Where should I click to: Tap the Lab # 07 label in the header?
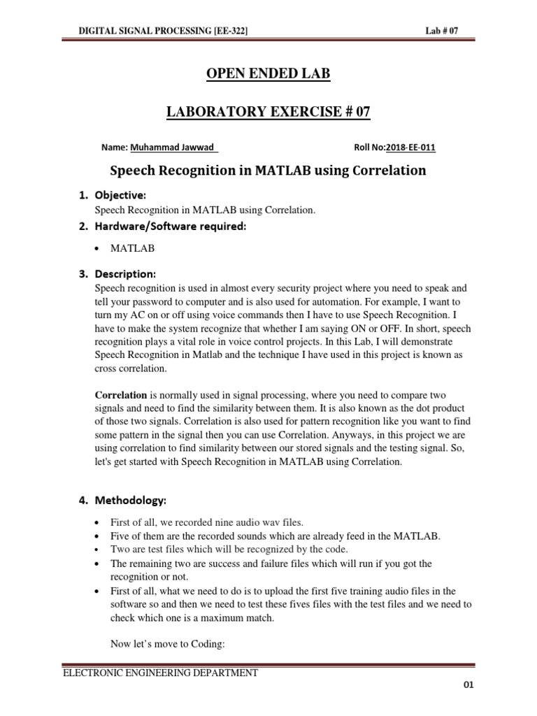(441, 31)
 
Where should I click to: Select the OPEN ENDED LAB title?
(268, 73)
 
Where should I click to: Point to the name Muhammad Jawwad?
(174, 148)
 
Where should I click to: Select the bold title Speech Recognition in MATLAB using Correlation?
(268, 171)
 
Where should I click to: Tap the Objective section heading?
(121, 194)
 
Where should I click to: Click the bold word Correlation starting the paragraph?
(121, 395)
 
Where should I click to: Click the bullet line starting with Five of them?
(274, 536)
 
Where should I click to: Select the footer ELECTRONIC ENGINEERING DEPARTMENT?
(160, 673)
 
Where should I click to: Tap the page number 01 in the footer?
(468, 685)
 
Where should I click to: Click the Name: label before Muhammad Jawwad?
(115, 148)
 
